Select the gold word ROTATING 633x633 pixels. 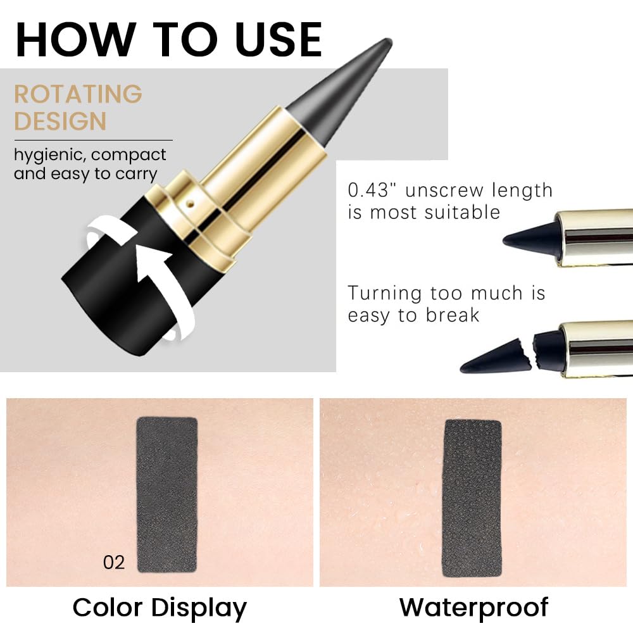tap(78, 94)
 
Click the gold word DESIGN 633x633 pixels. tap(60, 121)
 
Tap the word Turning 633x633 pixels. tap(384, 293)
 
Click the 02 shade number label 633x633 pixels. tap(114, 562)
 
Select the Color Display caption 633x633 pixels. tap(160, 607)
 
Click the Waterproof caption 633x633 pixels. tap(473, 607)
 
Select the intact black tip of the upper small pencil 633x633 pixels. tap(529, 235)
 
